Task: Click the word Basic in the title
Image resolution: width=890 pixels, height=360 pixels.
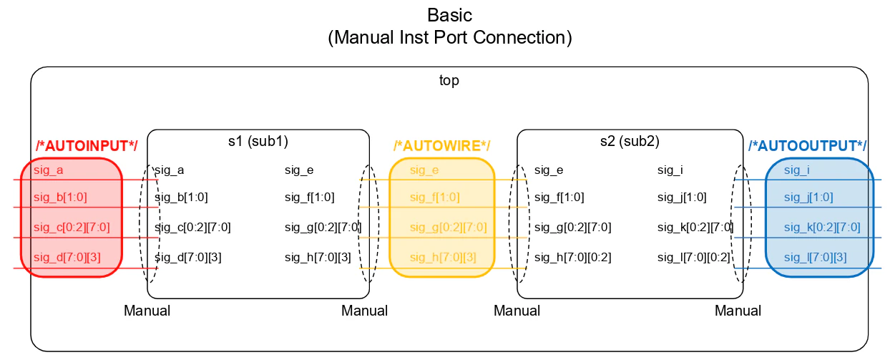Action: point(449,16)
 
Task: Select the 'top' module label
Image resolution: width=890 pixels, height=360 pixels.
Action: point(449,80)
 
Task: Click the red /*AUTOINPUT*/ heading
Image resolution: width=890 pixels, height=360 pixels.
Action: point(87,146)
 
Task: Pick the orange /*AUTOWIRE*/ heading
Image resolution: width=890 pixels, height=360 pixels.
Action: point(442,146)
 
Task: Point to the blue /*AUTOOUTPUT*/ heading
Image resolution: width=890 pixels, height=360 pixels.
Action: point(807,146)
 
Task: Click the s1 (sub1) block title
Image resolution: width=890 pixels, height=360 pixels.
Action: point(258,141)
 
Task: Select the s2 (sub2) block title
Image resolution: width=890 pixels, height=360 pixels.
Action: point(630,141)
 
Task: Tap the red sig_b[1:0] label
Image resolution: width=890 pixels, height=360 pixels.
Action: point(60,197)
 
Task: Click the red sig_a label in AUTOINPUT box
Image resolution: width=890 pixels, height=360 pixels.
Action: point(48,170)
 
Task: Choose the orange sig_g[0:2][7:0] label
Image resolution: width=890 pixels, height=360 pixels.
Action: point(448,228)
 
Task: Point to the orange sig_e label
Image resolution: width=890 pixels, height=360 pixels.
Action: point(424,170)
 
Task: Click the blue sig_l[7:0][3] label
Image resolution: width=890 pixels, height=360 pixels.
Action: point(815,258)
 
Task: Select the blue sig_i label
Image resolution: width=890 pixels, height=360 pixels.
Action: point(796,170)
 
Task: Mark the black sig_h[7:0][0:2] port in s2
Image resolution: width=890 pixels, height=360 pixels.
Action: point(572,258)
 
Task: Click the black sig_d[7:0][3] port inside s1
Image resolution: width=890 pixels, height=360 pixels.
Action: point(188,258)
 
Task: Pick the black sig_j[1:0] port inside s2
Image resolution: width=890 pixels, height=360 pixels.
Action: point(682,197)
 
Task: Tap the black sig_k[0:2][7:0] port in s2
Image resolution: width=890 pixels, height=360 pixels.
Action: point(695,228)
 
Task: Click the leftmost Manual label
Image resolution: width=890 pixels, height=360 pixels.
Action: point(147,311)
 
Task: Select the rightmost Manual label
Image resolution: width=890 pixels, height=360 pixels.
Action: point(738,311)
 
